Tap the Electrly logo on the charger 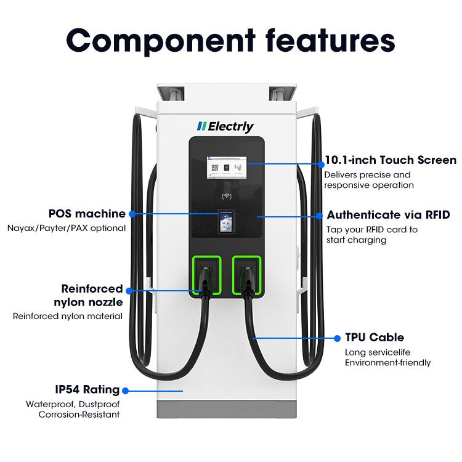225,126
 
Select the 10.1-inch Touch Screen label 391,160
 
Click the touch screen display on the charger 226,167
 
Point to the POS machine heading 87,214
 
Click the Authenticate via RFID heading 388,215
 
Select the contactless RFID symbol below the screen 226,198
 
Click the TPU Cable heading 375,338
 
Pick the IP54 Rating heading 87,390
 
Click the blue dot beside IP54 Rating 125,390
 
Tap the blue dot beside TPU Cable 337,338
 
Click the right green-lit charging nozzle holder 246,276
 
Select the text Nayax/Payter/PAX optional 67,228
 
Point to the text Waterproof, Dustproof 73,405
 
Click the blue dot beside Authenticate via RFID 320,216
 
